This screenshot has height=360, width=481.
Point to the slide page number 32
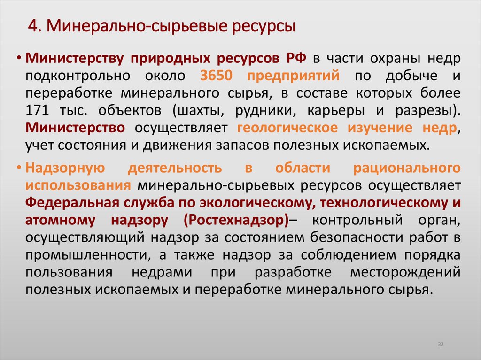coord(441,345)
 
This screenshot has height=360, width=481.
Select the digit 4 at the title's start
coord(32,26)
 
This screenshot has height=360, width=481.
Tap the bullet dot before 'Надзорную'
coord(20,168)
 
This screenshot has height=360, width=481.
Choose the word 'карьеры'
coord(332,111)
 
